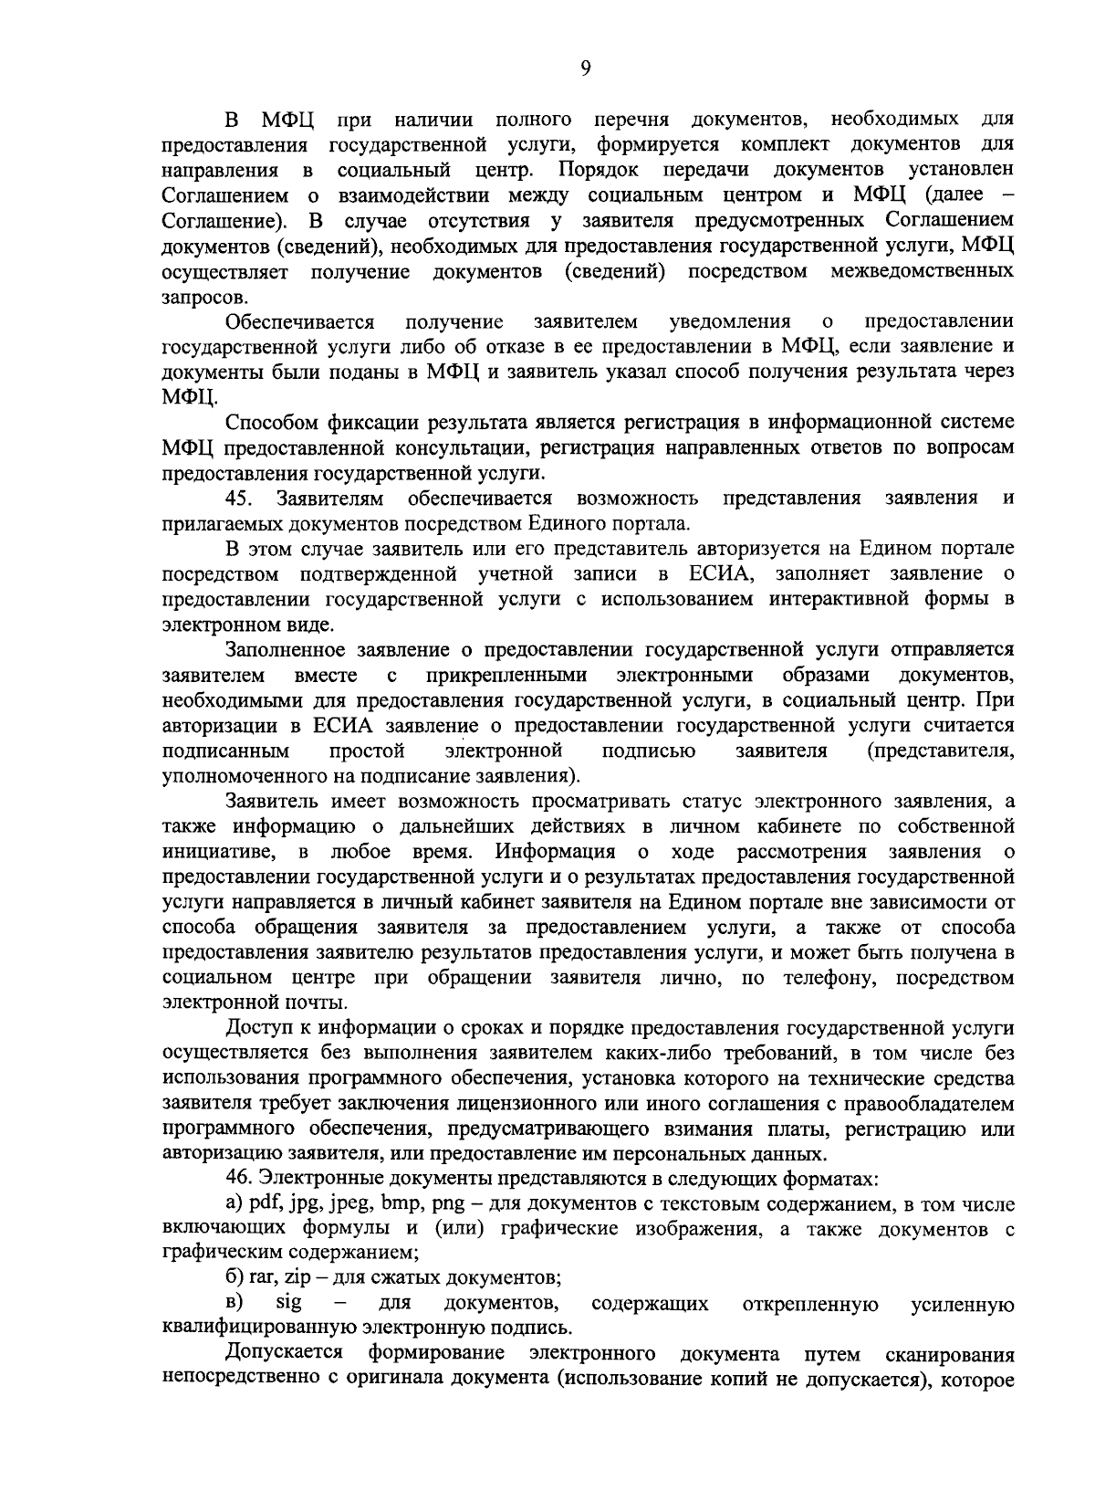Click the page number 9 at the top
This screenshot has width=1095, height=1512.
click(x=585, y=68)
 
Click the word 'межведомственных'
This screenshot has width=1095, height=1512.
click(x=923, y=271)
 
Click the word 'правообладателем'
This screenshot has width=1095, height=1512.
click(x=923, y=1104)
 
